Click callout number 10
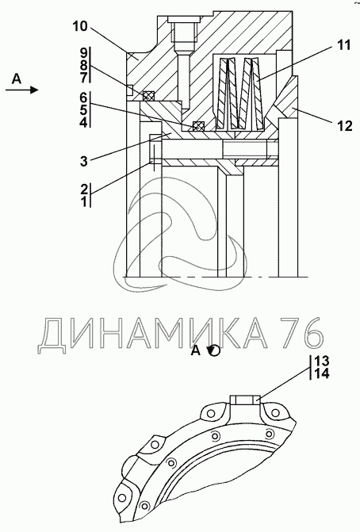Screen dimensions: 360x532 [80, 26]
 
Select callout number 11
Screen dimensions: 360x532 [343, 44]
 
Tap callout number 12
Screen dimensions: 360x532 [345, 126]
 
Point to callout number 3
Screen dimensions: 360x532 [83, 161]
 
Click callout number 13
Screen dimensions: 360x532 [322, 360]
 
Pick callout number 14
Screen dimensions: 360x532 [322, 373]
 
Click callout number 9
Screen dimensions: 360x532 [83, 53]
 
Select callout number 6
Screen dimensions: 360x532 [83, 98]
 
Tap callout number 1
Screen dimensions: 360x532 [83, 202]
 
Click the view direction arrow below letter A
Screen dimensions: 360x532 [21, 90]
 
